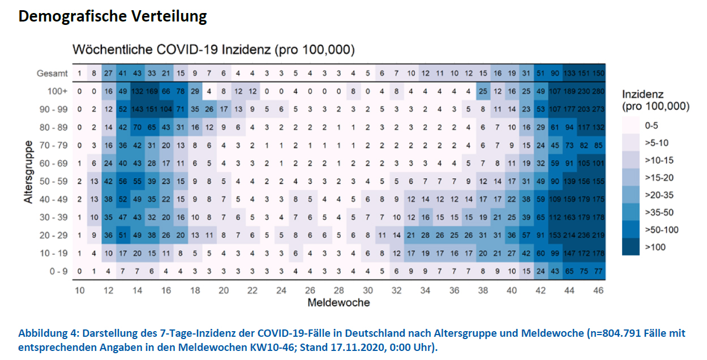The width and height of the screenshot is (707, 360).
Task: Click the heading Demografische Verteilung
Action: click(113, 16)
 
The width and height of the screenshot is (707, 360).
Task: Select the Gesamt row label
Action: click(53, 74)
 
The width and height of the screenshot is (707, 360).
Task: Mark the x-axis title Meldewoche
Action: click(338, 303)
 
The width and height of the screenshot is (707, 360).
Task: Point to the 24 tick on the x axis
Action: click(281, 290)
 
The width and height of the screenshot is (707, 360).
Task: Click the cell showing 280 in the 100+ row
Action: click(598, 91)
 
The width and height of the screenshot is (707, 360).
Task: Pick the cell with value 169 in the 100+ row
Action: click(152, 91)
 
